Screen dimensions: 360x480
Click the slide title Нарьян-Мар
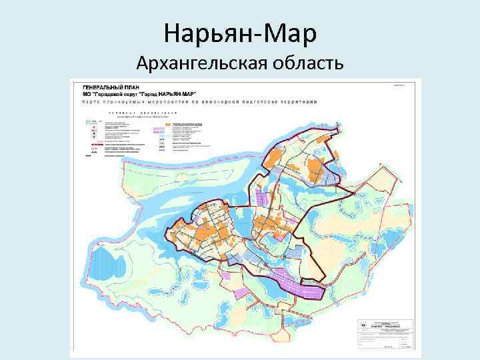(239, 32)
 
